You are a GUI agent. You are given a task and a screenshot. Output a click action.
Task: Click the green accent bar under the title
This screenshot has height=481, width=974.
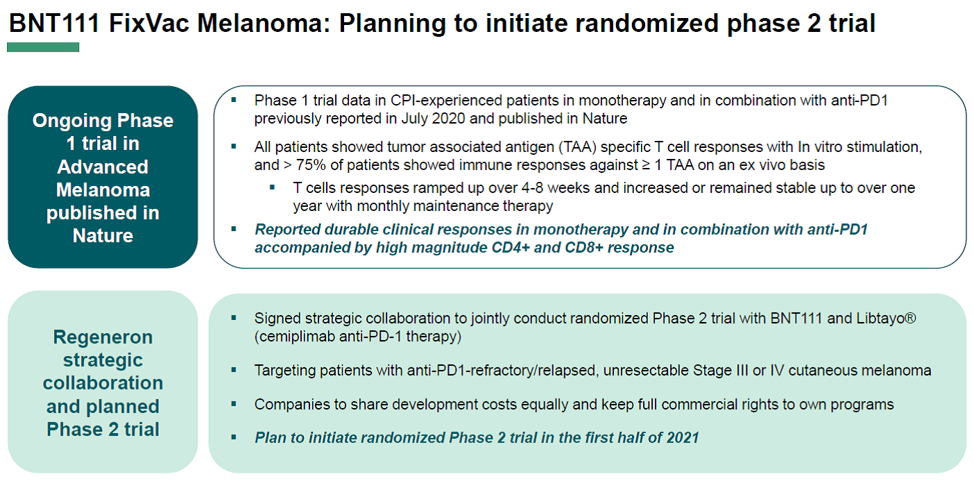point(43,47)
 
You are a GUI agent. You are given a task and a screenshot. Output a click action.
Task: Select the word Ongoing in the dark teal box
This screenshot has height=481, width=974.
point(71,121)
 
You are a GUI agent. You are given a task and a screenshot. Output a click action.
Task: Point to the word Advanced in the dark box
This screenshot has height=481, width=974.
point(103,167)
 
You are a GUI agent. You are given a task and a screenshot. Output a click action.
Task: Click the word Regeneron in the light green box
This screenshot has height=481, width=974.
point(103,337)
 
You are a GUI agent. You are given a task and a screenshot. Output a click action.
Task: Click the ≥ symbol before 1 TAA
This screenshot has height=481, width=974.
point(646,166)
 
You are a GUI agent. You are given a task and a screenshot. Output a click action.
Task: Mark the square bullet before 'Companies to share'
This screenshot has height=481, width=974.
point(234,404)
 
